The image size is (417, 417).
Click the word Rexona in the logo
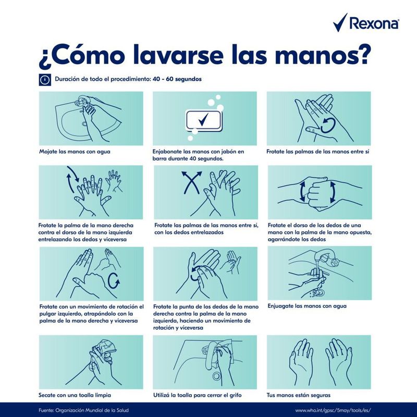tap(374, 23)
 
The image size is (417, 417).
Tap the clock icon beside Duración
tap(45, 80)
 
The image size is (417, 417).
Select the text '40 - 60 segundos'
tap(177, 79)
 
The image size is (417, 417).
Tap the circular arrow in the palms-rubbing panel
tap(328, 126)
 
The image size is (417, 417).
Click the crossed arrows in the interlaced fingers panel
tap(191, 182)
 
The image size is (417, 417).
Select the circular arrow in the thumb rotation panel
tap(114, 280)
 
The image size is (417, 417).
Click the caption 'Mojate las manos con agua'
tap(75, 152)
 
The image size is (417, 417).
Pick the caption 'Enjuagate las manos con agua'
tap(307, 306)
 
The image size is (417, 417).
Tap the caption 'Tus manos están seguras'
tap(298, 395)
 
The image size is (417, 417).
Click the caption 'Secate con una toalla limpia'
tap(75, 395)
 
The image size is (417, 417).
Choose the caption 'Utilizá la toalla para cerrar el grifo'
tap(198, 395)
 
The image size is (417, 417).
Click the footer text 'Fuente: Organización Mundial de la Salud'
tap(83, 410)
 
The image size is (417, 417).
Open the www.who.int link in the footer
tap(333, 410)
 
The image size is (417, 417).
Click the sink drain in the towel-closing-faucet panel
tap(216, 376)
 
